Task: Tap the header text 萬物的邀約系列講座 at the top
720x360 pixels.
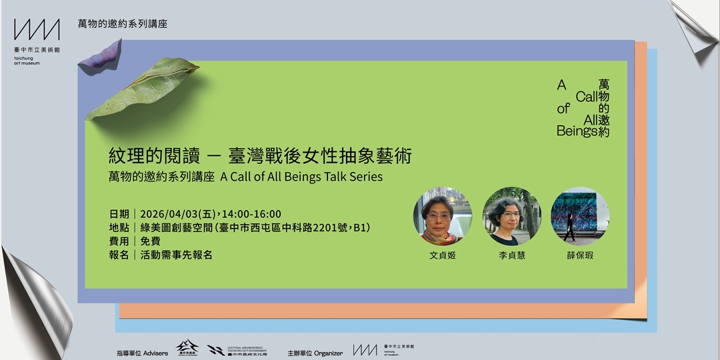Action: coord(123,24)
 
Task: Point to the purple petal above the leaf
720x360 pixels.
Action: coord(101,56)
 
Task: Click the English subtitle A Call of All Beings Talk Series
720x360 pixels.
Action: coord(301,177)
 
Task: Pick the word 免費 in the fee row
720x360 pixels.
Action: coord(150,241)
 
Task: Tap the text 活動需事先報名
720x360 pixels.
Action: coord(176,255)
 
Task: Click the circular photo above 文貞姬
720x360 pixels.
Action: coord(443,216)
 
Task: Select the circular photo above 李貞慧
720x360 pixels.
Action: coord(511,216)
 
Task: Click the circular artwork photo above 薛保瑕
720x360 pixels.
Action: coord(579,216)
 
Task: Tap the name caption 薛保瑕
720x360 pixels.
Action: coord(579,255)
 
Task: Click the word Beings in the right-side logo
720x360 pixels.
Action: coord(576,131)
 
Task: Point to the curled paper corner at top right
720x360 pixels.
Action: coord(694,30)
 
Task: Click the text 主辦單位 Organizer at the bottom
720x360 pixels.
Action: coord(315,353)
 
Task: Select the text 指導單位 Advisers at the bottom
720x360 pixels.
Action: coord(142,353)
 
